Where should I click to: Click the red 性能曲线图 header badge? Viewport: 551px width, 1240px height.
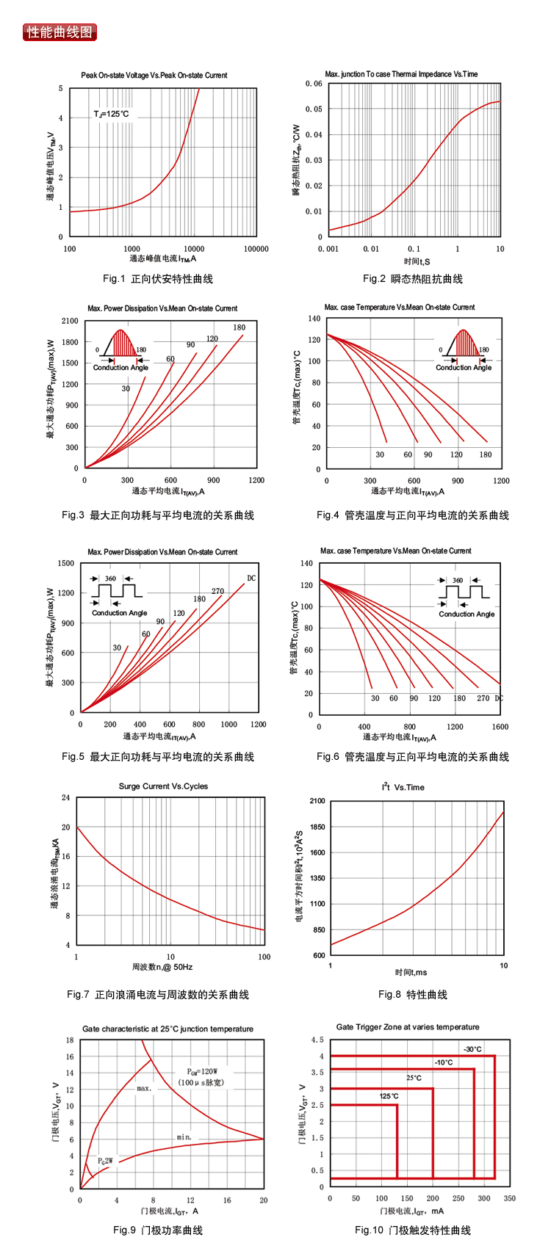point(60,32)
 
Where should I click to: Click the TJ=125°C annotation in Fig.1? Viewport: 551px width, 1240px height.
point(111,114)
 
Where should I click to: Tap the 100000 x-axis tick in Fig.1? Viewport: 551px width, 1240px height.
point(256,249)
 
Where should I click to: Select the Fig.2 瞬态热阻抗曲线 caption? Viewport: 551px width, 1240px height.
point(413,279)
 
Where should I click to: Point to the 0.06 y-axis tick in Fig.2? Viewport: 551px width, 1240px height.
point(314,84)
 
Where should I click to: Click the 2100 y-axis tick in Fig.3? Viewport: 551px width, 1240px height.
point(70,321)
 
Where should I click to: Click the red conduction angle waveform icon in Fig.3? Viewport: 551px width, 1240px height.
point(121,345)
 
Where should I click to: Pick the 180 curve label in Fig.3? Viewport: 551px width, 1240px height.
point(240,327)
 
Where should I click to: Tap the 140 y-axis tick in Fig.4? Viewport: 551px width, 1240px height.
point(314,319)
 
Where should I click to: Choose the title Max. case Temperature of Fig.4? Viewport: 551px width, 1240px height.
point(400,308)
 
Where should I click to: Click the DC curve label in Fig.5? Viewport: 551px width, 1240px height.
point(251,579)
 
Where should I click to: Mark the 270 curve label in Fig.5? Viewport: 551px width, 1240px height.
point(217,591)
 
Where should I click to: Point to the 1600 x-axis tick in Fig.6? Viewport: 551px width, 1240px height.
point(500,727)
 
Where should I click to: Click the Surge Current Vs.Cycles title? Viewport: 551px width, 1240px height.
point(163,786)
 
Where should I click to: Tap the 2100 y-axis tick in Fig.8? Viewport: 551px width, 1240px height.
point(317,801)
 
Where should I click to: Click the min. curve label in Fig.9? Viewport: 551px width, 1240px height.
point(184,1137)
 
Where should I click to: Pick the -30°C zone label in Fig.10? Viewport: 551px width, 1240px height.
point(473,1049)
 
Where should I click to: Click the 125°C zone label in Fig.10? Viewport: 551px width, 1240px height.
point(389,1096)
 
